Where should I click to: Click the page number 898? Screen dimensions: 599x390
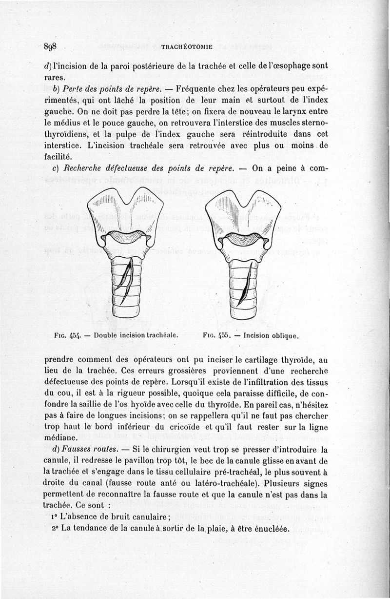click(50, 47)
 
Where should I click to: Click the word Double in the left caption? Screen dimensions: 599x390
click(106, 336)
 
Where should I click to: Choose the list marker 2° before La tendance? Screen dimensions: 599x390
click(54, 529)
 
